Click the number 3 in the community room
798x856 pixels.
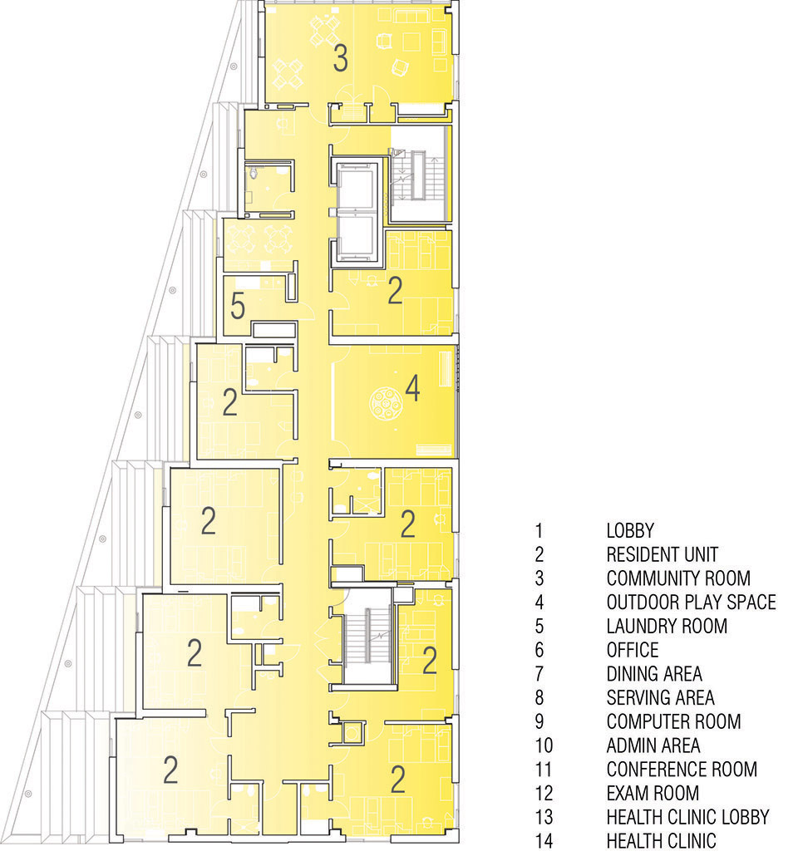tap(340, 58)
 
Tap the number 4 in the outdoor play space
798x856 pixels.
tap(413, 388)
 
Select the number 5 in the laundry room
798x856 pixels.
tap(238, 306)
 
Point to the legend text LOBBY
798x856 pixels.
tap(630, 530)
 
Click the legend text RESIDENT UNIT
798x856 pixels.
tap(662, 554)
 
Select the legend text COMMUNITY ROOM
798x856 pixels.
tap(678, 578)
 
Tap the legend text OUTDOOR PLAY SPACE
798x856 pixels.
tap(691, 603)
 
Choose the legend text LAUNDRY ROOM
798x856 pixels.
tap(667, 626)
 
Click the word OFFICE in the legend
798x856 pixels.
tap(633, 650)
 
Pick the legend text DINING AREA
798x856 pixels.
tap(654, 674)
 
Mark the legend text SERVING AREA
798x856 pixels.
tap(660, 698)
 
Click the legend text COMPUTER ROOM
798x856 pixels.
tap(673, 721)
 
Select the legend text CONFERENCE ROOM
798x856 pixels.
tap(682, 770)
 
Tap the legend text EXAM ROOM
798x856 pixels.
tap(653, 793)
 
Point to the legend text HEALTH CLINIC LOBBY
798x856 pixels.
tap(687, 817)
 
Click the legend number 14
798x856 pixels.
tap(544, 841)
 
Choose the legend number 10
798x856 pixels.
tap(544, 745)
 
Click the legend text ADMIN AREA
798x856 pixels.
tap(653, 745)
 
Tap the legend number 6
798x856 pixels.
tap(539, 650)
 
